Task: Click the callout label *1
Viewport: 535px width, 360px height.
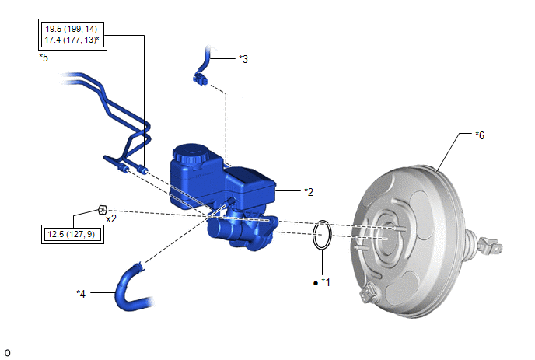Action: click(326, 282)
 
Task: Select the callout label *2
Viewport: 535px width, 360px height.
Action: click(309, 192)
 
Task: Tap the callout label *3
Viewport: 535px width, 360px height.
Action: click(243, 59)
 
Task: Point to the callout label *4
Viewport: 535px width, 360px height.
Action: click(81, 293)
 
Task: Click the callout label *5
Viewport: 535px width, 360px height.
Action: click(44, 58)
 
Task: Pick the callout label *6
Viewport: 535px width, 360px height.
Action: click(480, 135)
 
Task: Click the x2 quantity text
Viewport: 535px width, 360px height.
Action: click(111, 218)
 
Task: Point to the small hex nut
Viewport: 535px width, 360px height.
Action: click(103, 209)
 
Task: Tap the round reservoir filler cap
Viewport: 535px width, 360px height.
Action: click(191, 155)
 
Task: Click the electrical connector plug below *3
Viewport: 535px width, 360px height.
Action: click(201, 79)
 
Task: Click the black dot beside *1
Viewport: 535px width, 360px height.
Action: click(315, 283)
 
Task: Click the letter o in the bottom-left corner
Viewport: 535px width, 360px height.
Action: click(7, 353)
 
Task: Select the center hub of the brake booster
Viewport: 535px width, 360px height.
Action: click(386, 236)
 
